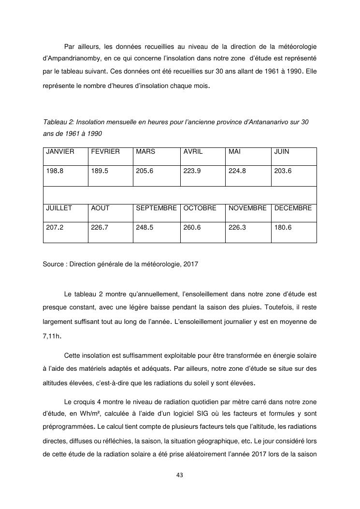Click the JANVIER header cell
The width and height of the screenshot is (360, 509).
pos(60,151)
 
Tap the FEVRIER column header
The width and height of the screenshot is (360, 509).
pos(105,151)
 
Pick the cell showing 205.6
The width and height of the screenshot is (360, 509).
pos(144,171)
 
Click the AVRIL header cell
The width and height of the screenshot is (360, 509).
pos(193,151)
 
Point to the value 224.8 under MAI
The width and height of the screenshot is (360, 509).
pos(237,171)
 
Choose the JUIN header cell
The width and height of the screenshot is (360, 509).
pos(282,151)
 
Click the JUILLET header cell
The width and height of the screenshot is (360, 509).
pos(59,208)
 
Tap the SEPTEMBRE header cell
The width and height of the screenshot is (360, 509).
pos(156,208)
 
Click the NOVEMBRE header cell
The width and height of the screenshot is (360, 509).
pos(247,208)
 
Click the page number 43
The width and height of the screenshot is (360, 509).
pos(180,475)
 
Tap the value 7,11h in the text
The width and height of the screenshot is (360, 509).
pos(52,334)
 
